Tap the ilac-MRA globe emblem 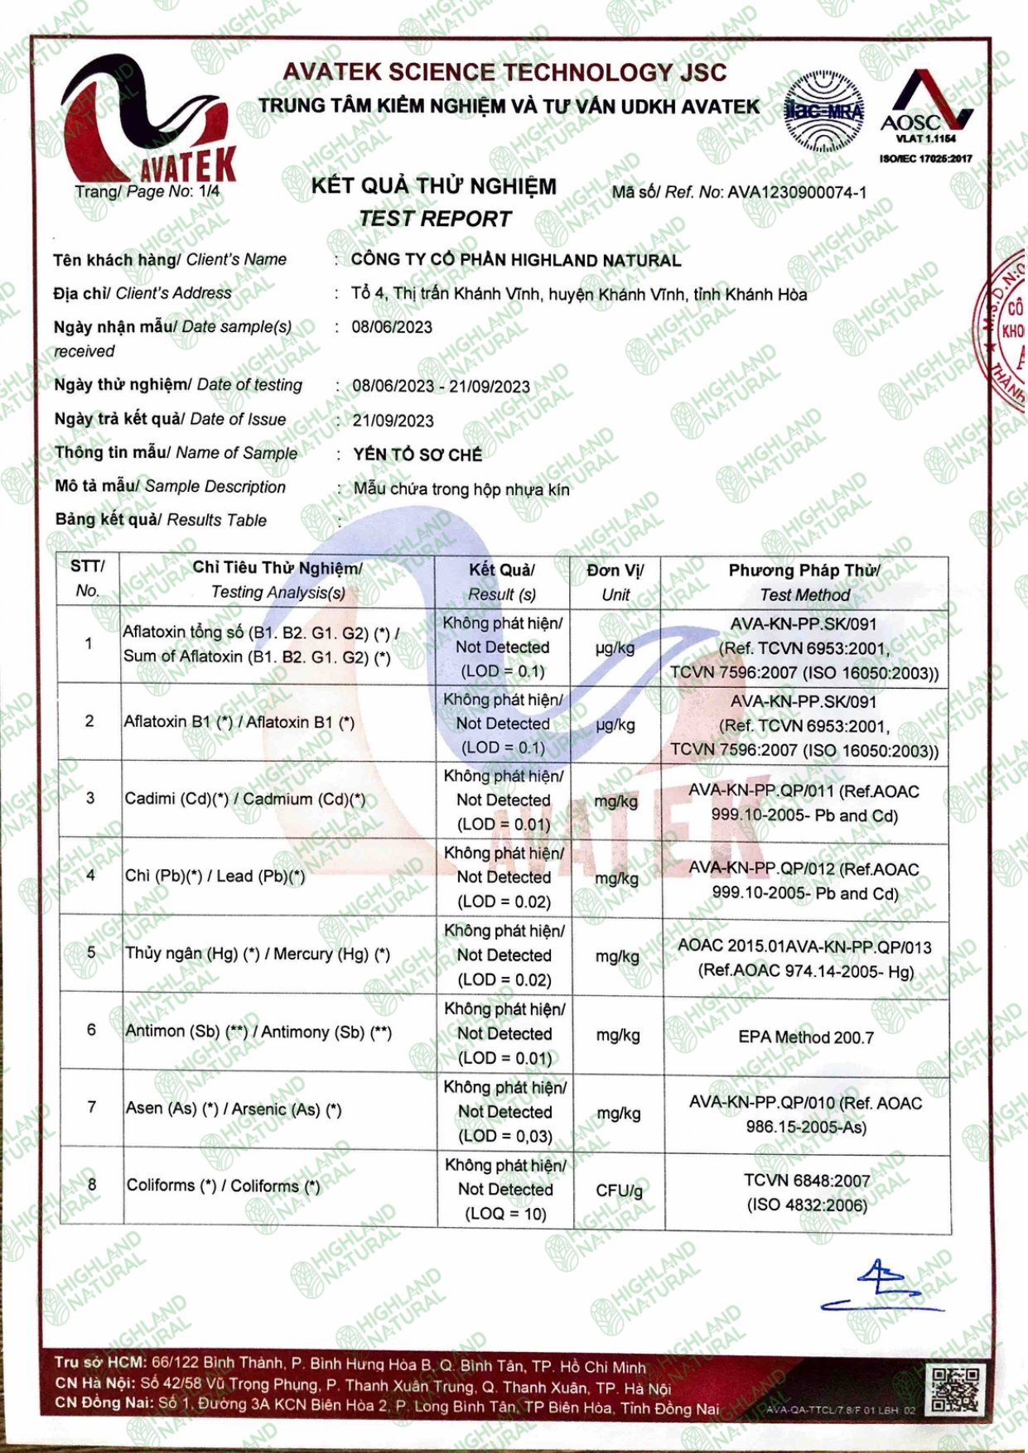click(x=823, y=112)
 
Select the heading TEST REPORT click(x=435, y=219)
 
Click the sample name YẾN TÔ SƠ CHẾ click(x=417, y=455)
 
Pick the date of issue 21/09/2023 click(x=393, y=421)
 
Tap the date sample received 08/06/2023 click(x=392, y=327)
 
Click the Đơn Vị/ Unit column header click(x=615, y=582)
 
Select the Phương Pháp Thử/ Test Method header click(x=804, y=582)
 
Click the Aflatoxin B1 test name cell click(x=239, y=722)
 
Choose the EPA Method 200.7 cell click(x=806, y=1037)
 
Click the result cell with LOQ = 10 click(x=505, y=1190)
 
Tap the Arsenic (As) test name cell click(x=234, y=1109)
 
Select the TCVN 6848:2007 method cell click(x=807, y=1192)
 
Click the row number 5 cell click(x=91, y=953)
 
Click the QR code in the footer click(x=955, y=1389)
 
